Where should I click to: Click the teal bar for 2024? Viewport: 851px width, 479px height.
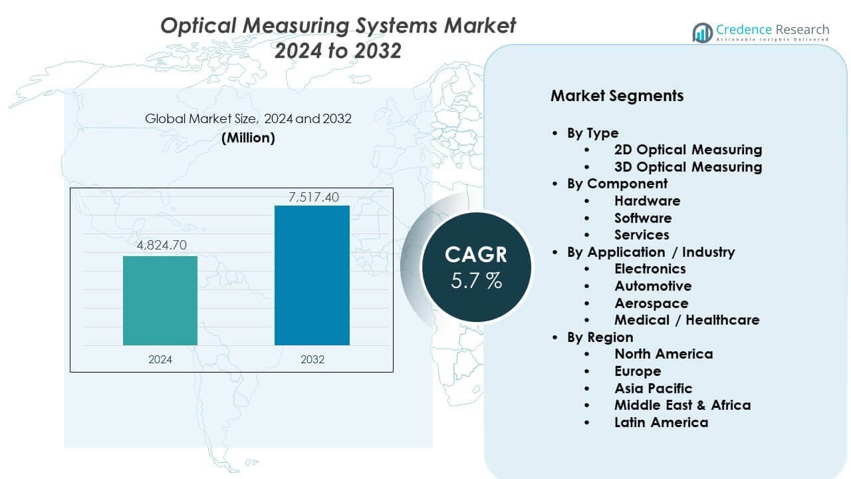(x=160, y=301)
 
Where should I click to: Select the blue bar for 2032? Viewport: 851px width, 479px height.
(x=312, y=275)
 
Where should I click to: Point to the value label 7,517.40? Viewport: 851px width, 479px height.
(x=312, y=196)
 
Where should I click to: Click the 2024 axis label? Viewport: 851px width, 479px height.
(x=160, y=359)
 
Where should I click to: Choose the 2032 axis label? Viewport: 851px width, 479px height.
(x=312, y=359)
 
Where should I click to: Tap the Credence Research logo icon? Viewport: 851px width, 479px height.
(x=703, y=32)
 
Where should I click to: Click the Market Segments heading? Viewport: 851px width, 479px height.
(x=617, y=96)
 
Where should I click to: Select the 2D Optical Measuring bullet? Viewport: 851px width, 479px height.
(x=688, y=150)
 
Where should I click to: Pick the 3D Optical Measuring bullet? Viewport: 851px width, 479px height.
(x=688, y=167)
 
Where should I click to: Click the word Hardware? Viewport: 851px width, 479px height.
(x=647, y=201)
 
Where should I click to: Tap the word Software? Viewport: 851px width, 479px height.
(x=643, y=218)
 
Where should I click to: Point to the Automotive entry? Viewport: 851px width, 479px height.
(x=653, y=286)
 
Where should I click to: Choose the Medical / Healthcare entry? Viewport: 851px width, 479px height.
(x=687, y=320)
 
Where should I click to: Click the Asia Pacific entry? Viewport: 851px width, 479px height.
(x=653, y=389)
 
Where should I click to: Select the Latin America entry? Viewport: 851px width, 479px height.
(x=661, y=422)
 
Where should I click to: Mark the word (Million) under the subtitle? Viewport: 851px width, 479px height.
(x=248, y=138)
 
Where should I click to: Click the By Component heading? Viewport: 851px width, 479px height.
(x=617, y=184)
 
